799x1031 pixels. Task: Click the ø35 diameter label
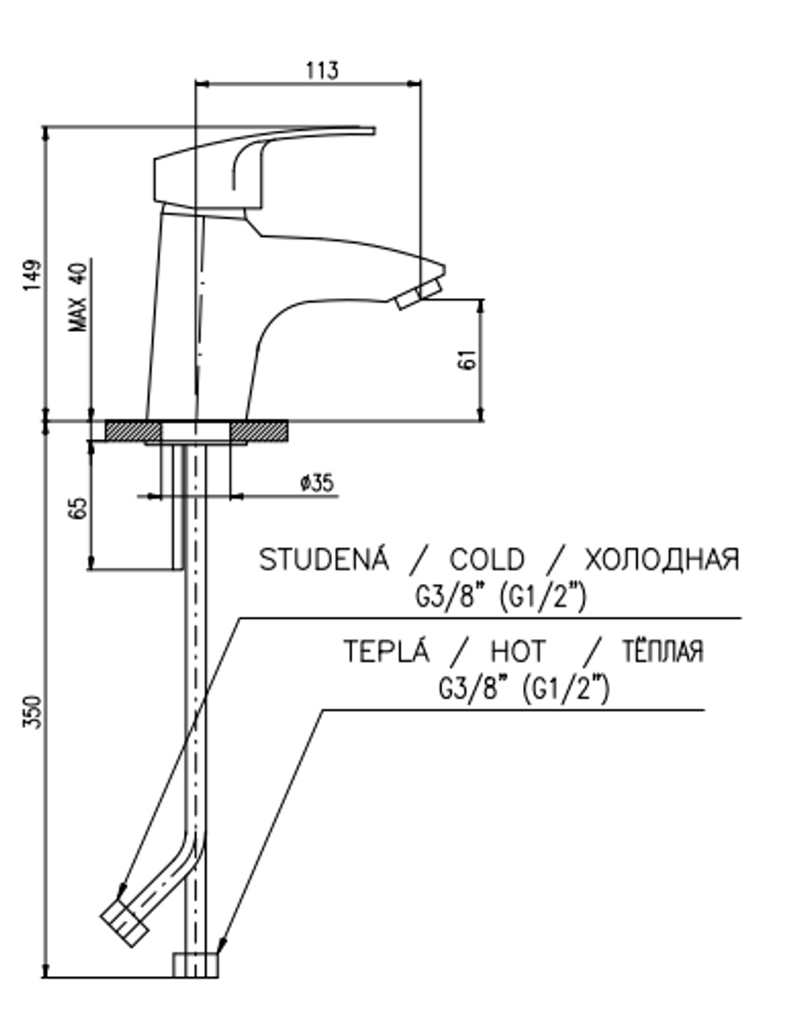click(x=316, y=483)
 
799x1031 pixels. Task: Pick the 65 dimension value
click(x=79, y=508)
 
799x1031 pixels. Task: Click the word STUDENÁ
click(x=324, y=560)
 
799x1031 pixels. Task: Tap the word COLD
click(x=487, y=560)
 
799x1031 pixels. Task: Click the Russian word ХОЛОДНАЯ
click(x=661, y=560)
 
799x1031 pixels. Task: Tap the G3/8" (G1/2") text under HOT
click(x=524, y=688)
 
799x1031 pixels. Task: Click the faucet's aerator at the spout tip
click(x=417, y=295)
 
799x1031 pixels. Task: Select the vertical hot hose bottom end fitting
click(x=194, y=965)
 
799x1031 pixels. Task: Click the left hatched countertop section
click(x=132, y=431)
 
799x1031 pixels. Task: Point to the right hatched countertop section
click(x=258, y=431)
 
